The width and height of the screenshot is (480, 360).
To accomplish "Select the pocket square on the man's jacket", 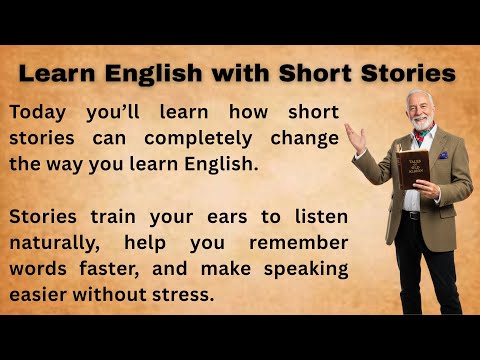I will (443, 155).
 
